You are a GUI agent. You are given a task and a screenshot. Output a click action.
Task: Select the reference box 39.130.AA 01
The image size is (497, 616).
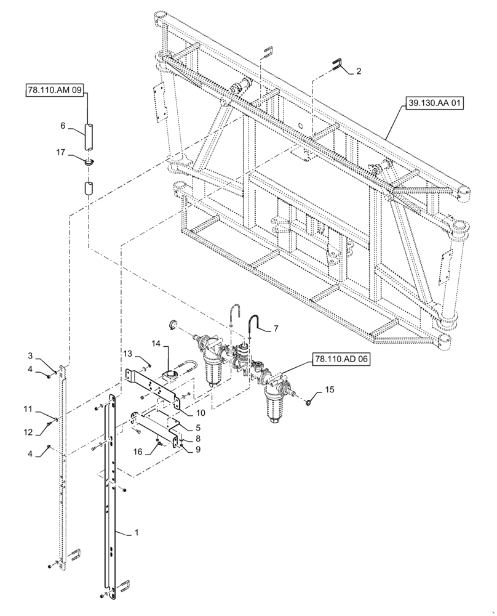coord(434,104)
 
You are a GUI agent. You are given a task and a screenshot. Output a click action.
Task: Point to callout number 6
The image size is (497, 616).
coord(63,126)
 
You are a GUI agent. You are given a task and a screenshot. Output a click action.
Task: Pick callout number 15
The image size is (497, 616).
coord(329,389)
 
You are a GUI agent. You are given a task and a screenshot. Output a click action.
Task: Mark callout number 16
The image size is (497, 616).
coord(138,451)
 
